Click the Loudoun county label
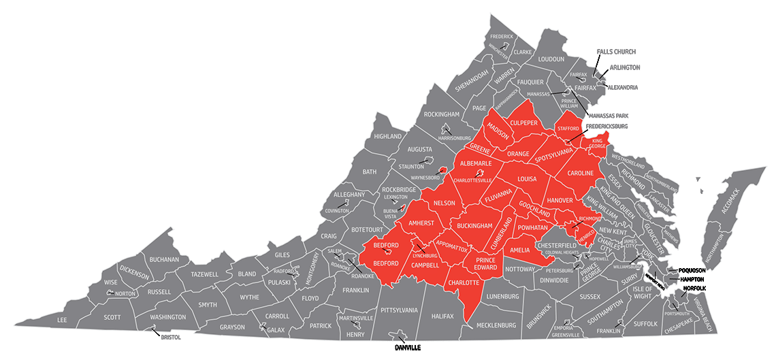coord(551,59)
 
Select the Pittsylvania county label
coord(399,310)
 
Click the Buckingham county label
coord(474,225)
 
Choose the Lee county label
coord(62,320)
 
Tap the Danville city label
coord(408,347)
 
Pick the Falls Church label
coord(615,52)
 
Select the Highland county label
coord(388,136)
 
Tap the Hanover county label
coord(560,200)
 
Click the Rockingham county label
coord(442,114)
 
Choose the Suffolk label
coord(645,323)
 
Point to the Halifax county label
coord(442,316)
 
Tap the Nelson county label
coord(444,203)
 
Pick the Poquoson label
coord(692,270)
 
